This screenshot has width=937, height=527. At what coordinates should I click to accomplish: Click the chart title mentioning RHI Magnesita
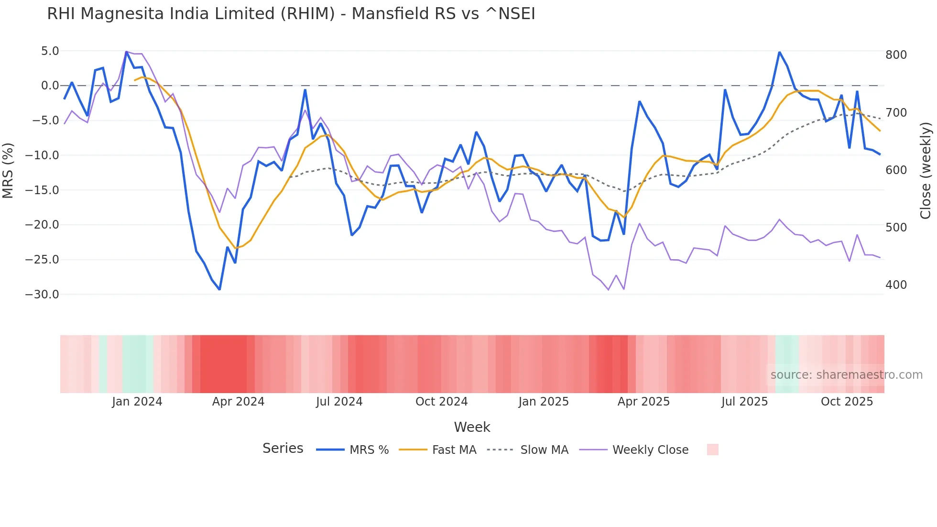point(291,14)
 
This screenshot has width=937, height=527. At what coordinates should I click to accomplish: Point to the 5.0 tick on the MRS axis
point(50,51)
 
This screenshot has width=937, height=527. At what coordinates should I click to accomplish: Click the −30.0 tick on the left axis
point(42,295)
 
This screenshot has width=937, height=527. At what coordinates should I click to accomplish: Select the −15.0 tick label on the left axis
point(42,190)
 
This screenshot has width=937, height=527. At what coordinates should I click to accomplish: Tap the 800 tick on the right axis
point(896,55)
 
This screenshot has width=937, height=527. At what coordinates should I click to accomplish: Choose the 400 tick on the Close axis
point(896,285)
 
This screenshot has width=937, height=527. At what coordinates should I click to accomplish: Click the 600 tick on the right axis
point(896,170)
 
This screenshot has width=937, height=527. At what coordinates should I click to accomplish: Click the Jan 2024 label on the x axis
point(137,402)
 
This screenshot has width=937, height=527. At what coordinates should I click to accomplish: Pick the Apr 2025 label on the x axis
point(643,402)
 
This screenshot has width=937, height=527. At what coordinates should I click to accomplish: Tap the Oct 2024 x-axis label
point(441,402)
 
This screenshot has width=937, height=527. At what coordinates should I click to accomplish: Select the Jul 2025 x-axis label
point(744,402)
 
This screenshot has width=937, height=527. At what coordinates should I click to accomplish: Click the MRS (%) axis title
point(8,171)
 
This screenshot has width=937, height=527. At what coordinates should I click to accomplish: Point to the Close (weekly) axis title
point(926,171)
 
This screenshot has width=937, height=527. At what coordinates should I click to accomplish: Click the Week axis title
point(472,427)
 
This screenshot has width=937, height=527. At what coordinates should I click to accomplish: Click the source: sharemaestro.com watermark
point(846,375)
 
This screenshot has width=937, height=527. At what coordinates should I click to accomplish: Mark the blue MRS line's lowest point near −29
point(219,289)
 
